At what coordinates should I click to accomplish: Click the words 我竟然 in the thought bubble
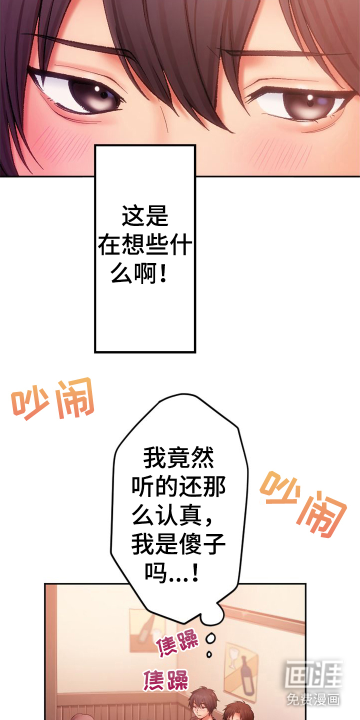178,458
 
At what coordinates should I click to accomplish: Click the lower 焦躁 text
166,680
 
